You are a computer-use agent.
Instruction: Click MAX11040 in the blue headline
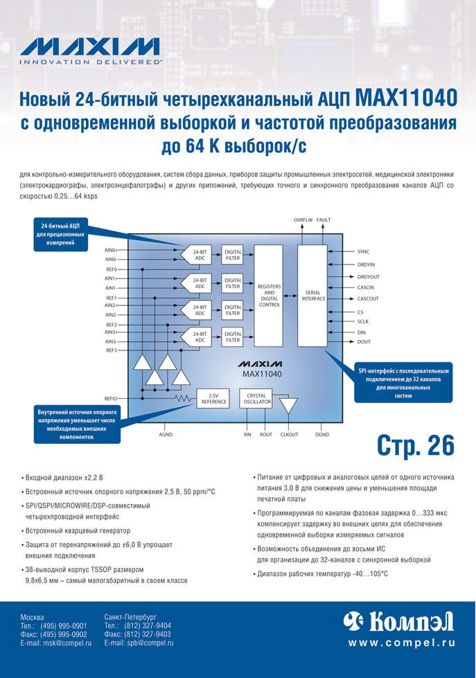(405, 98)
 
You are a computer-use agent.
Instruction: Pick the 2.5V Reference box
(214, 398)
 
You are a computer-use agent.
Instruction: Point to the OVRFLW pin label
(303, 220)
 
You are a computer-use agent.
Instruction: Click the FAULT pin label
(324, 220)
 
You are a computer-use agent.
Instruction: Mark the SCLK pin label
(363, 321)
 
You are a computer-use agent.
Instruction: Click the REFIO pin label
(111, 398)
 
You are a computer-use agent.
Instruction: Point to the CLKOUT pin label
(289, 434)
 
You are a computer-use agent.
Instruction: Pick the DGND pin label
(322, 434)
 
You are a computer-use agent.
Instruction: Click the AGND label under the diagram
(166, 434)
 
